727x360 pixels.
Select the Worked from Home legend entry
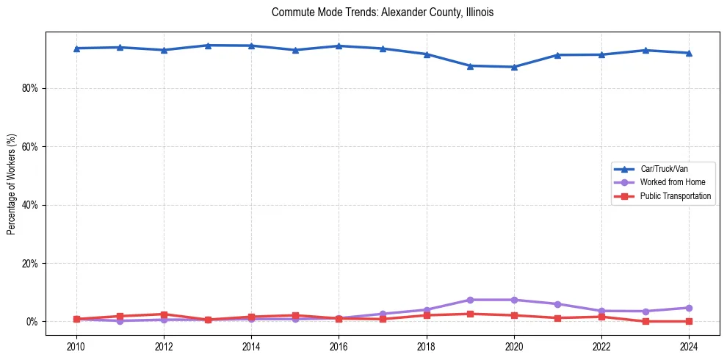point(672,182)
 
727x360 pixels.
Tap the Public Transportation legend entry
point(676,196)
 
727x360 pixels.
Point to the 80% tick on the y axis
point(32,88)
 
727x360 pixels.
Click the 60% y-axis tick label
point(32,147)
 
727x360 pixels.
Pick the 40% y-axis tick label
point(32,205)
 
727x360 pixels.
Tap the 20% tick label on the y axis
point(32,263)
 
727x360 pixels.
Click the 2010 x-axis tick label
point(76,347)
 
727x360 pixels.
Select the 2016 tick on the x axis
point(339,347)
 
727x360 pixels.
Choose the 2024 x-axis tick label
point(688,347)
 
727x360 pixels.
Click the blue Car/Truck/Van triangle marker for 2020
point(514,67)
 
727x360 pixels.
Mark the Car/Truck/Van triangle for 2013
point(208,46)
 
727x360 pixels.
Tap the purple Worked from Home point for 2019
point(470,300)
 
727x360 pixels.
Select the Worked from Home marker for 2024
point(689,308)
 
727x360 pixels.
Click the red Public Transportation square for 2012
point(164,314)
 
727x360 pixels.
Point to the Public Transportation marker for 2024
point(689,321)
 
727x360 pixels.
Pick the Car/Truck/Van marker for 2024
point(689,53)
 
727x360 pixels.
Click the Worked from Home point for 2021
point(557,304)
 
